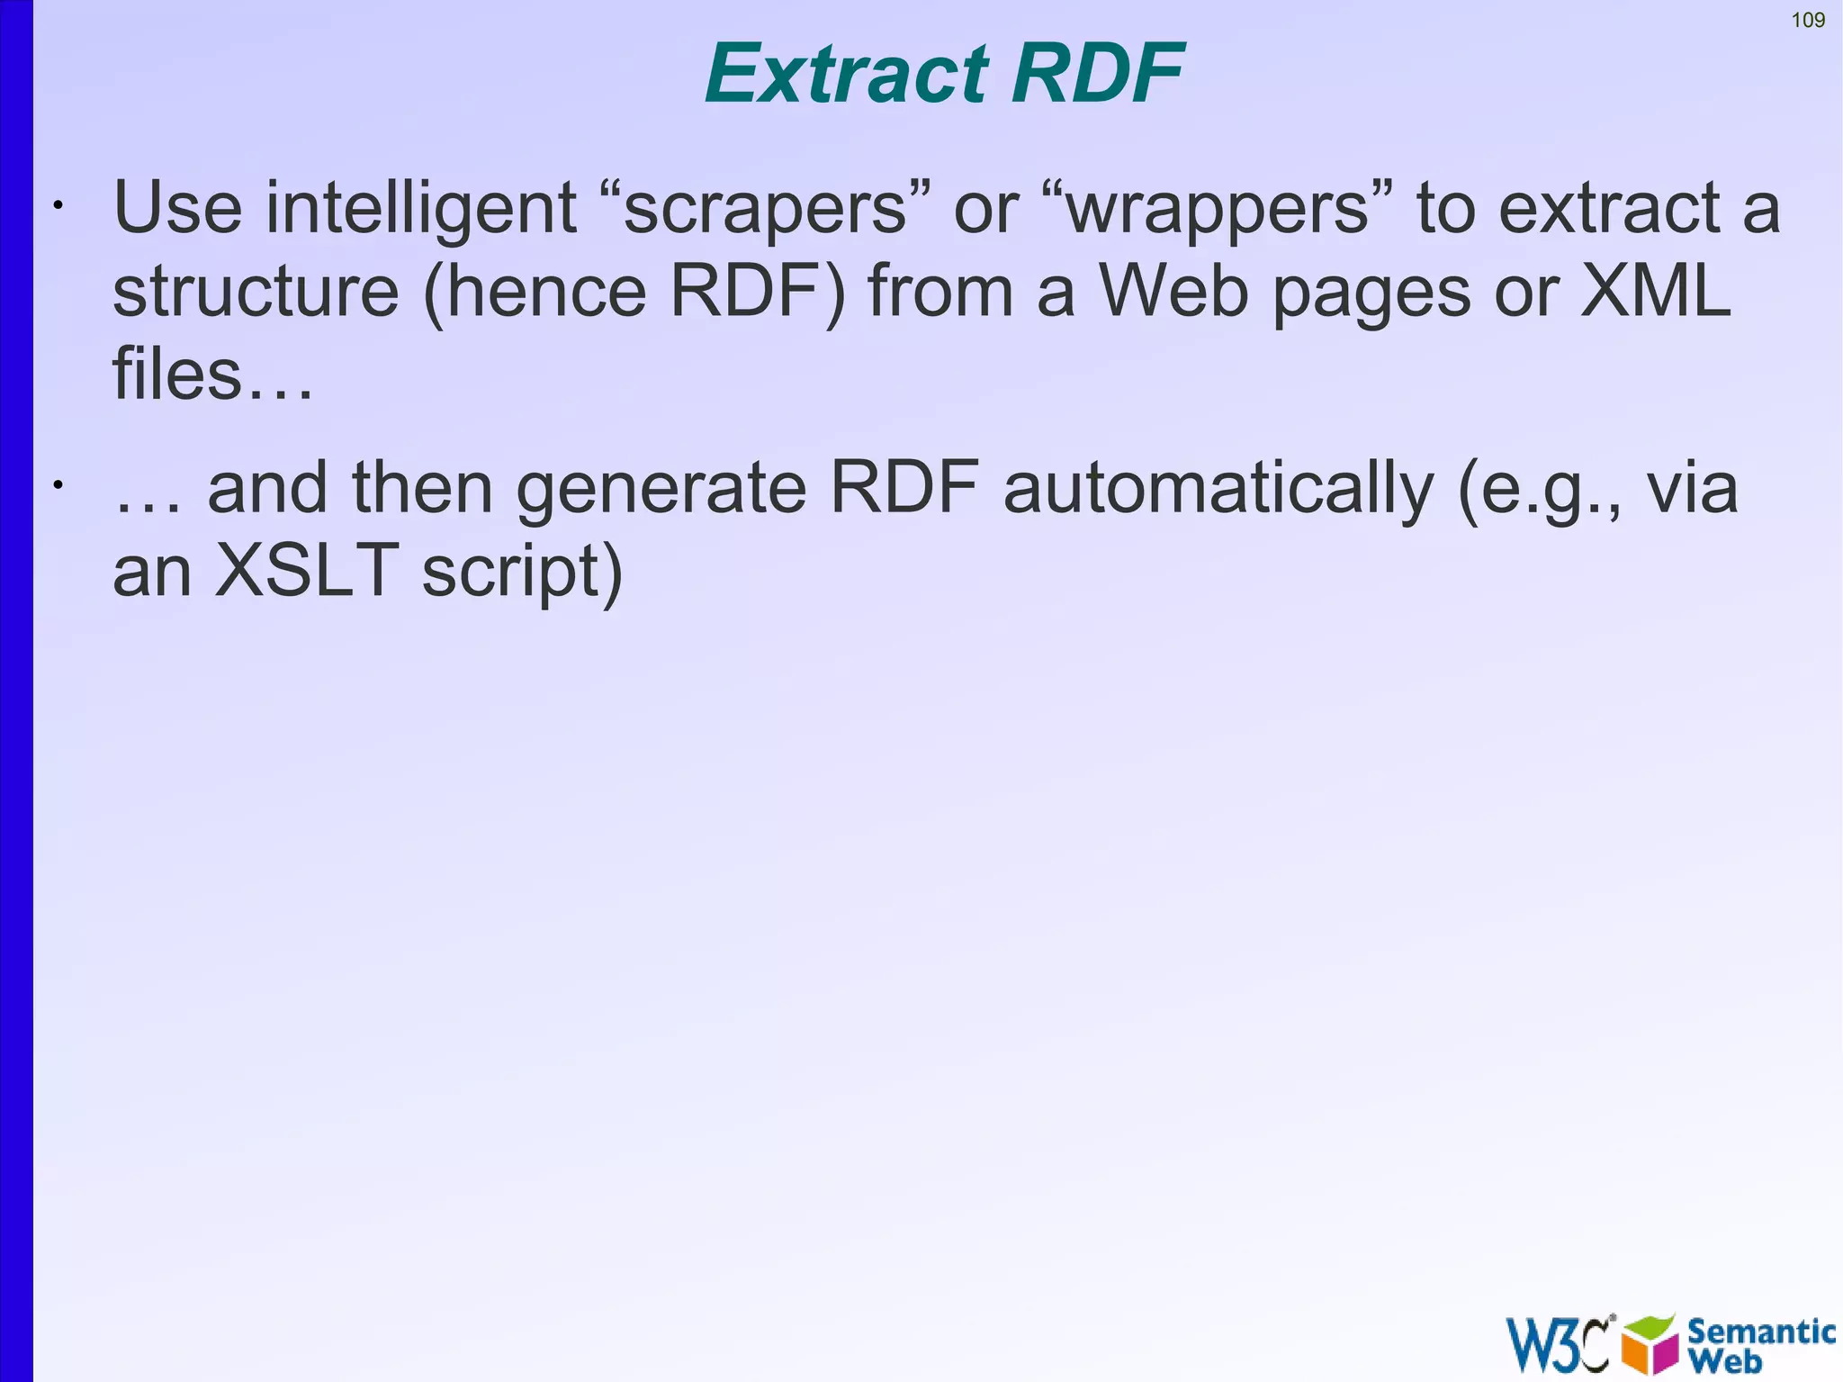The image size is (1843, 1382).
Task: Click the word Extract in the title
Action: pos(846,74)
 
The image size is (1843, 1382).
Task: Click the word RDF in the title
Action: pos(1096,74)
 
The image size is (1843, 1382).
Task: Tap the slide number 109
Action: pos(1808,20)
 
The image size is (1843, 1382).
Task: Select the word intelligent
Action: pos(420,209)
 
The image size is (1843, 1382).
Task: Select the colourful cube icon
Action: pos(1650,1344)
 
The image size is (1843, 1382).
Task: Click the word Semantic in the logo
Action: pos(1760,1331)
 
